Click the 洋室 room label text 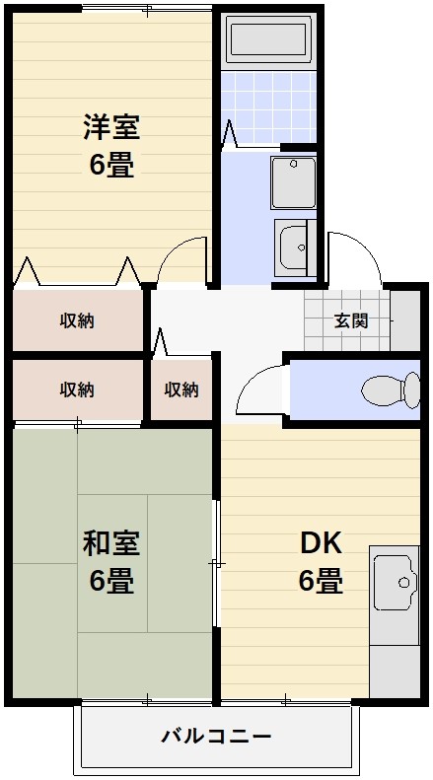pyautogui.click(x=111, y=127)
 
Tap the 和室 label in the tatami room pyautogui.click(x=111, y=542)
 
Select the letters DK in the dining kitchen pyautogui.click(x=321, y=543)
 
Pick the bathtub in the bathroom pyautogui.click(x=266, y=39)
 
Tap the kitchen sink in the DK pyautogui.click(x=396, y=583)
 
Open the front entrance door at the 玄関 pyautogui.click(x=354, y=258)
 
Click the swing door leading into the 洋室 pyautogui.click(x=182, y=261)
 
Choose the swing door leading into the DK pyautogui.click(x=262, y=390)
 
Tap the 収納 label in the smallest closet pyautogui.click(x=181, y=390)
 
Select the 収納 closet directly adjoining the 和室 pyautogui.click(x=77, y=390)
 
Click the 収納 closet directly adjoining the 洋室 pyautogui.click(x=77, y=319)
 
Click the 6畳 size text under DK pyautogui.click(x=321, y=581)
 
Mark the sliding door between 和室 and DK pyautogui.click(x=216, y=562)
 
